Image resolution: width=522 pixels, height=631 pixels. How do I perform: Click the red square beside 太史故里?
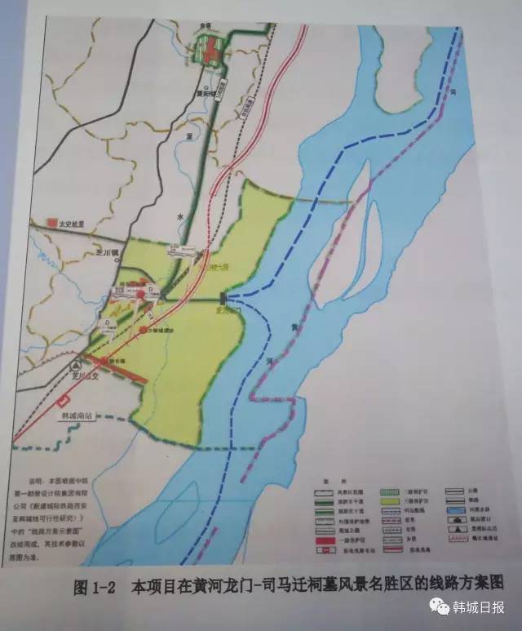[x=52, y=222]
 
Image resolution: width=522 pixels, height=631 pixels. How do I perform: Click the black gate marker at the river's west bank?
[x=223, y=300]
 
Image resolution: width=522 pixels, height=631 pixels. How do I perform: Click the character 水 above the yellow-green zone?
[x=176, y=216]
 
